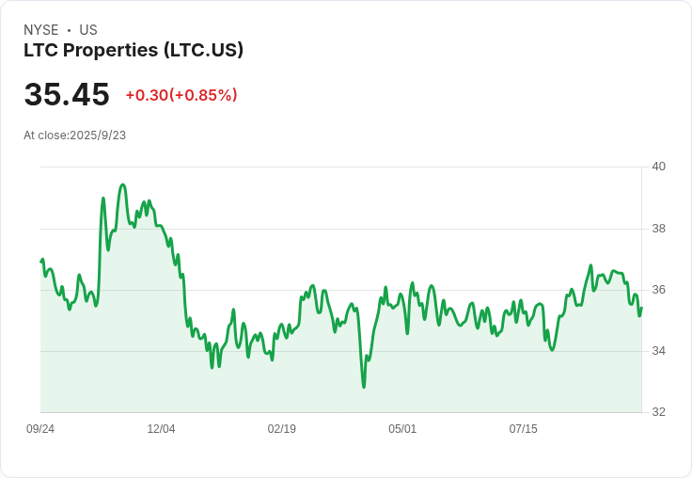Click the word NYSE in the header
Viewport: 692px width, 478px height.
[x=40, y=30]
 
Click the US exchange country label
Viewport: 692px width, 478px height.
[x=88, y=30]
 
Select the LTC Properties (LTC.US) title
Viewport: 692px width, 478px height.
[x=134, y=51]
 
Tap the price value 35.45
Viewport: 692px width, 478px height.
[x=67, y=95]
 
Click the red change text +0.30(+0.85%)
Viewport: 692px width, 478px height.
[x=181, y=95]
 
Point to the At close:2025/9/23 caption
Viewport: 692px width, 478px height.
[x=75, y=135]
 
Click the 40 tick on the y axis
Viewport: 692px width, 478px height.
[x=658, y=167]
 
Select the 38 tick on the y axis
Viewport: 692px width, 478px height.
[x=658, y=229]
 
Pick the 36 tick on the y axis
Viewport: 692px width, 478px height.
[x=658, y=290]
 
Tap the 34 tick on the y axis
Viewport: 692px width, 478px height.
[x=658, y=351]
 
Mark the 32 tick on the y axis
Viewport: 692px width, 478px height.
[x=658, y=412]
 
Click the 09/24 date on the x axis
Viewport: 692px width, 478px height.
[x=40, y=429]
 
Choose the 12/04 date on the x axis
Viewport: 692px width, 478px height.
[x=161, y=429]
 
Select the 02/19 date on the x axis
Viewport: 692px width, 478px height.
[x=282, y=429]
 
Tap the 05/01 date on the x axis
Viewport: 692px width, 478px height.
[x=402, y=429]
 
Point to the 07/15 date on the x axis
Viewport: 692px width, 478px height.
[x=523, y=429]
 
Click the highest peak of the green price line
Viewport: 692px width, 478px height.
[x=122, y=184]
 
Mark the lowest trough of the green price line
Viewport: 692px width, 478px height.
[x=364, y=387]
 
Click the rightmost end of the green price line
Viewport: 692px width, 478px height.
[x=641, y=308]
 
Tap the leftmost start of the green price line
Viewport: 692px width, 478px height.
[x=41, y=261]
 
